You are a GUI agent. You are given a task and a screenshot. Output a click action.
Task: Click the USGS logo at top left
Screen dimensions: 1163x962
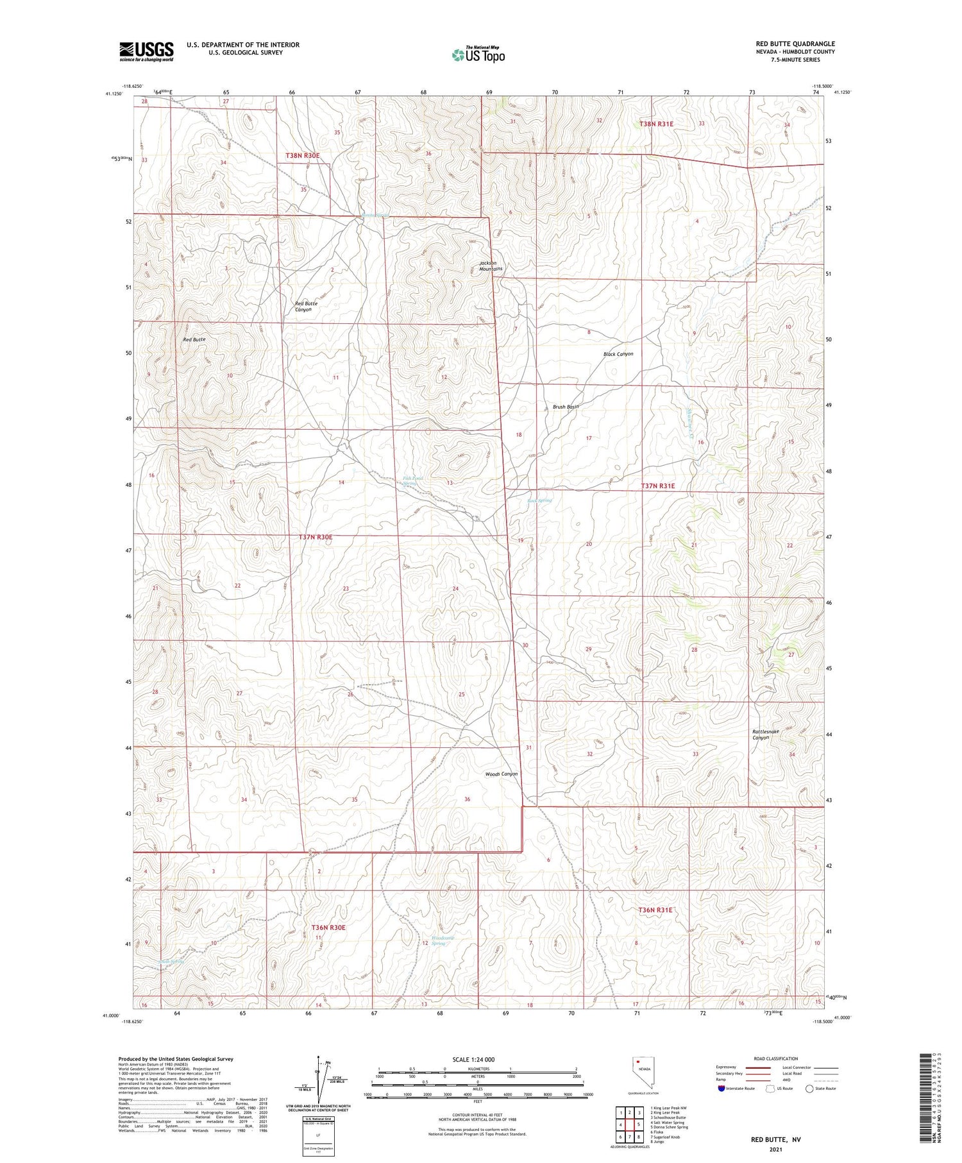(x=146, y=51)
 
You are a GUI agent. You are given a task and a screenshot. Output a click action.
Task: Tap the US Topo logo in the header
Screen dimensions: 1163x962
(x=478, y=55)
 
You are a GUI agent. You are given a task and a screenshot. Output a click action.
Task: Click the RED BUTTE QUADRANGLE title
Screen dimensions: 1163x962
(x=795, y=44)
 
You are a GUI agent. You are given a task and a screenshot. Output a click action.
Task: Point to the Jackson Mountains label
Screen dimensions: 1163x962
(x=491, y=266)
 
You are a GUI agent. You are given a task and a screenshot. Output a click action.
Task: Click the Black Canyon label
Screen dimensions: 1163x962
(x=618, y=354)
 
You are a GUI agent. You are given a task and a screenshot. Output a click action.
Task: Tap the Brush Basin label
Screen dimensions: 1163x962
(x=566, y=407)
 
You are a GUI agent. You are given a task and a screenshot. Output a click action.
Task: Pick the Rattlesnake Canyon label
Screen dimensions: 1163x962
(x=765, y=734)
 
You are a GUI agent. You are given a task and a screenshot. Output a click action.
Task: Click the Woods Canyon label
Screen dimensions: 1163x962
(x=501, y=774)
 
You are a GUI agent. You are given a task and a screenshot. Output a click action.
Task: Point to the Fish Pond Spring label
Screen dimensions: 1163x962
(x=412, y=480)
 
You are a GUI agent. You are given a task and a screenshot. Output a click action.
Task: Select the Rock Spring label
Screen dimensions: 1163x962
(x=539, y=500)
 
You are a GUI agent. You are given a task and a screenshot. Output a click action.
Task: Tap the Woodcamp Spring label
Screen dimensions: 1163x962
(x=443, y=940)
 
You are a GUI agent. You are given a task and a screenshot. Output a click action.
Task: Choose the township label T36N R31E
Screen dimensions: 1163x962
(x=655, y=910)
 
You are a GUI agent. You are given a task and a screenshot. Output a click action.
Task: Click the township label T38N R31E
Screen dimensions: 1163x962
(x=656, y=123)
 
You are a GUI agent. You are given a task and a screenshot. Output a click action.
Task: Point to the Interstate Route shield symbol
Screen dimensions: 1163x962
(x=721, y=1089)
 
